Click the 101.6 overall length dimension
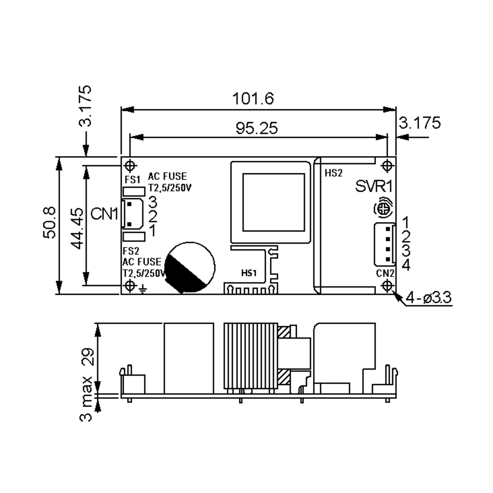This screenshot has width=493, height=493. click(x=253, y=99)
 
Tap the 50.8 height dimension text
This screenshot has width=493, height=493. click(x=49, y=222)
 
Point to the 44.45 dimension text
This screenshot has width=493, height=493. click(x=77, y=228)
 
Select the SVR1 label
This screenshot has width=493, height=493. click(x=374, y=186)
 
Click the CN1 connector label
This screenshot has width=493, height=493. click(x=104, y=214)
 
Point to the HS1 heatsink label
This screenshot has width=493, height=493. click(x=249, y=273)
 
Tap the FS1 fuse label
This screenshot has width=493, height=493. click(x=132, y=180)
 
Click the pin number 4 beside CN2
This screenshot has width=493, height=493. click(x=406, y=265)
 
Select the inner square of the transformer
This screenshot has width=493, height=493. click(x=274, y=202)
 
